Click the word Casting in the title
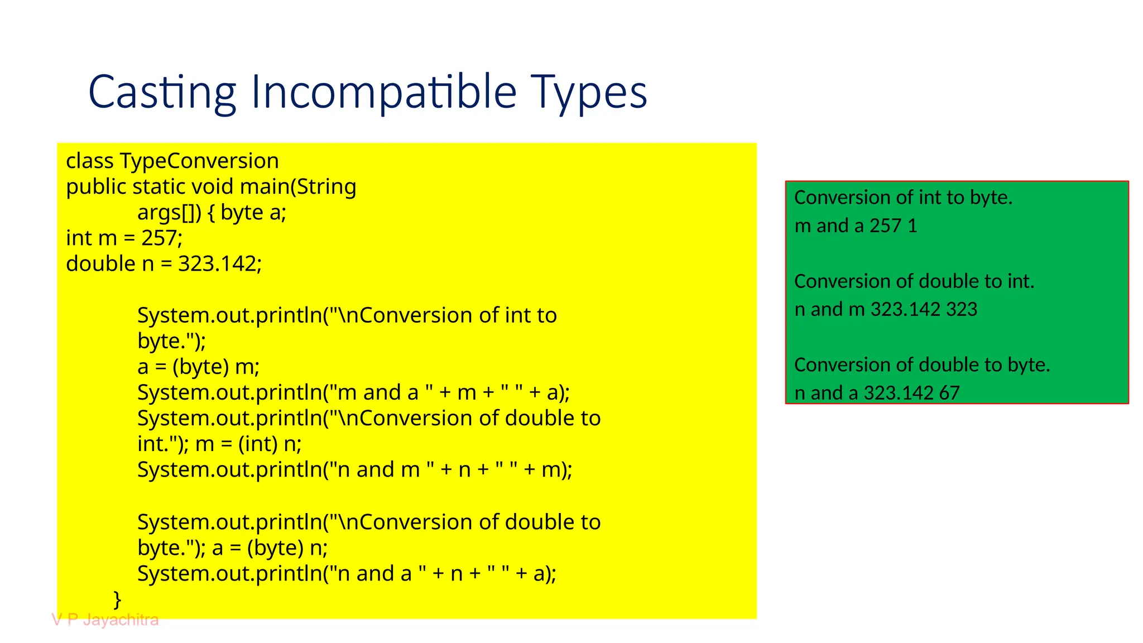[x=162, y=92]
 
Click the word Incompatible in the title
[x=383, y=92]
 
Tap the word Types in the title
[x=588, y=92]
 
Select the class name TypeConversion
[x=199, y=161]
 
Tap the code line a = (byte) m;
[x=198, y=367]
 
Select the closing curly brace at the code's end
[x=117, y=599]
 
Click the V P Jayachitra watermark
[x=105, y=620]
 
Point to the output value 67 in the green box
[x=949, y=393]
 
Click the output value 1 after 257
[x=913, y=226]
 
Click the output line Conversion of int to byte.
[x=903, y=198]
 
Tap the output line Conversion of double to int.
[x=914, y=281]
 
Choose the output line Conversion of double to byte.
[x=922, y=365]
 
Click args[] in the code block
[x=169, y=213]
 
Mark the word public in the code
[x=96, y=187]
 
